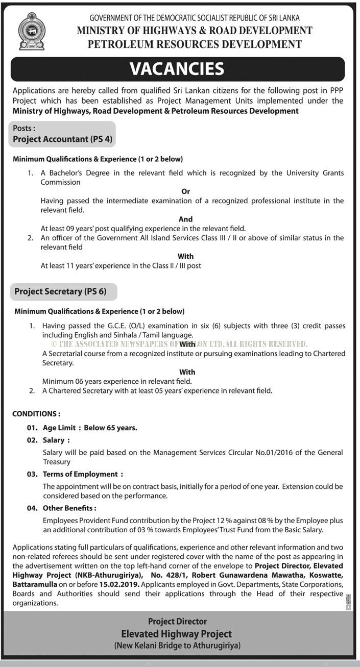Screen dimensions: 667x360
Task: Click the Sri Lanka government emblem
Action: pos(32,31)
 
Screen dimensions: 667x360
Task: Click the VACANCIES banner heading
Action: pos(177,69)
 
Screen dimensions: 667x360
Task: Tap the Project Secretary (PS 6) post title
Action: pos(60,291)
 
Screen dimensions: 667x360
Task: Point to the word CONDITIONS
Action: pos(36,414)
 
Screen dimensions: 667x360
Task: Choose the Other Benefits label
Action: pos(69,508)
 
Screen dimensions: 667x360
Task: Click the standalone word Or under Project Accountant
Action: pos(186,191)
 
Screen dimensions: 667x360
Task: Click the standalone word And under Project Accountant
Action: pos(186,219)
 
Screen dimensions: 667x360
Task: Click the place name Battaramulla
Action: pos(33,584)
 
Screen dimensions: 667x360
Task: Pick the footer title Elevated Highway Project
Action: pos(177,634)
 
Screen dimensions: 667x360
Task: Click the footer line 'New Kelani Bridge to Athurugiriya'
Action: pos(177,646)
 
